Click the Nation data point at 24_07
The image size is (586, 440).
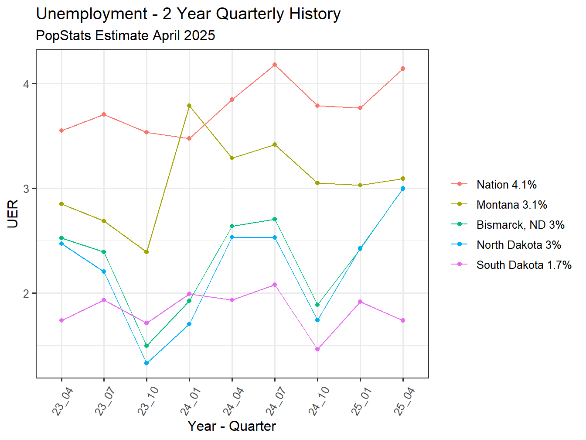(275, 65)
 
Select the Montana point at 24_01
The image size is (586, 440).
(189, 106)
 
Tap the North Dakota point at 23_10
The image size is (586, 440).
(146, 363)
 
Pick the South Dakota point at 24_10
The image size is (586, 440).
(317, 349)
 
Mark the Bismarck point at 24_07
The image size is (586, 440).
(275, 219)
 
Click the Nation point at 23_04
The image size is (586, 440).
(61, 131)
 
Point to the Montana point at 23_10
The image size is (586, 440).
(146, 252)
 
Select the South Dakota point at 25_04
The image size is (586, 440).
(403, 320)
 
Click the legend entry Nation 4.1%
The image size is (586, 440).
(506, 185)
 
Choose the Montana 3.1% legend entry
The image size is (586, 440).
(511, 205)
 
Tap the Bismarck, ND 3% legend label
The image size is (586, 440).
(520, 225)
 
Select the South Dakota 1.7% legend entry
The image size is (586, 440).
(524, 265)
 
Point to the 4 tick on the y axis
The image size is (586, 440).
(27, 84)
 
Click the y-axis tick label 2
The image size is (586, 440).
(27, 293)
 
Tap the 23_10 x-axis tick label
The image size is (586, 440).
(148, 401)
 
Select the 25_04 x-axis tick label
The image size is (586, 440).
(404, 401)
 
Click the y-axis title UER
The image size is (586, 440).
(13, 214)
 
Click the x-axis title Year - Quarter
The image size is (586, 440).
(232, 426)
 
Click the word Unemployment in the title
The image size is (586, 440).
(92, 14)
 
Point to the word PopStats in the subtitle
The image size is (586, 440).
(64, 35)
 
